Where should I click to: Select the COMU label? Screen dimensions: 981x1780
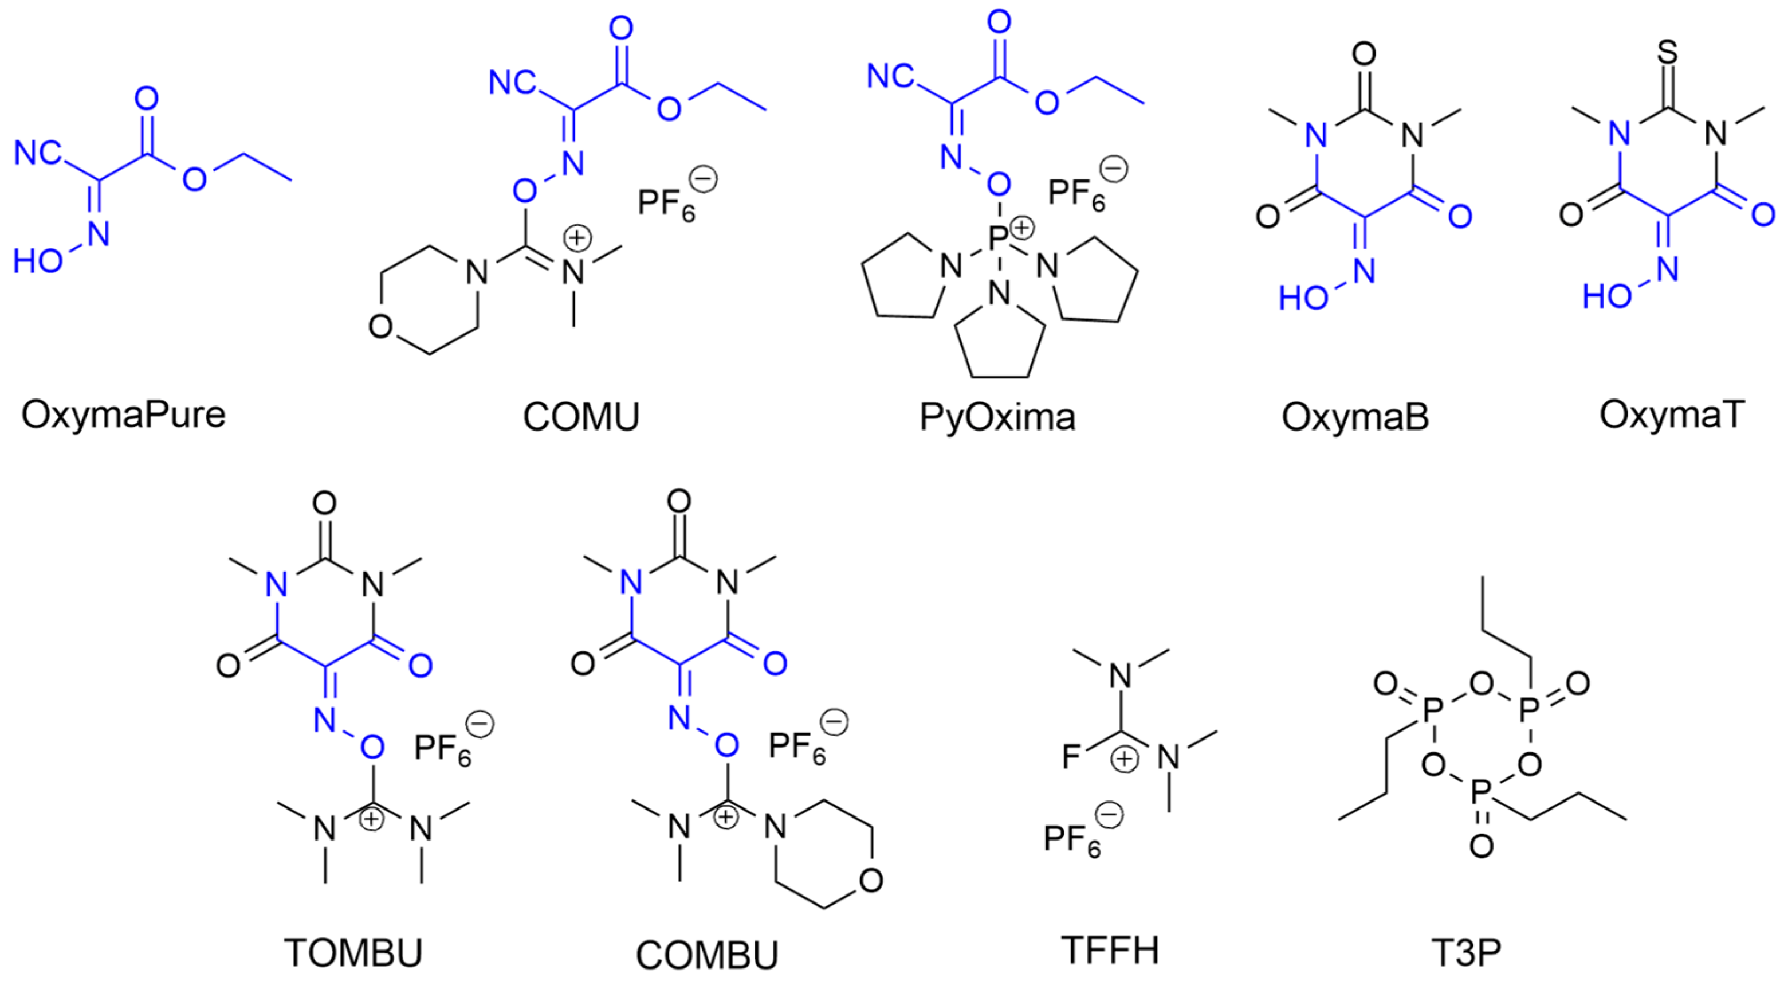(x=581, y=417)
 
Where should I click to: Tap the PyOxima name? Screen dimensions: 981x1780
(x=997, y=417)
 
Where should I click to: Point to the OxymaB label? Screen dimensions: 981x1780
(x=1355, y=417)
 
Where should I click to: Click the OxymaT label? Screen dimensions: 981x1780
(x=1672, y=415)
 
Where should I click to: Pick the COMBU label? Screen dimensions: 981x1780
(x=707, y=955)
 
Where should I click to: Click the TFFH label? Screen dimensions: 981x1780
(x=1110, y=950)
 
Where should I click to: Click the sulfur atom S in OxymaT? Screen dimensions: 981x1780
(x=1667, y=53)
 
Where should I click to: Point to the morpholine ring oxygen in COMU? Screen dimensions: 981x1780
(x=380, y=326)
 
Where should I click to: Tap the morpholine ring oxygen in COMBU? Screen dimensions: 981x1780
(x=871, y=880)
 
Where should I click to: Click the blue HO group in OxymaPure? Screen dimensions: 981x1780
(x=38, y=262)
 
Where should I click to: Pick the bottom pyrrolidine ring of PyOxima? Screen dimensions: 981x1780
(x=999, y=342)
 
